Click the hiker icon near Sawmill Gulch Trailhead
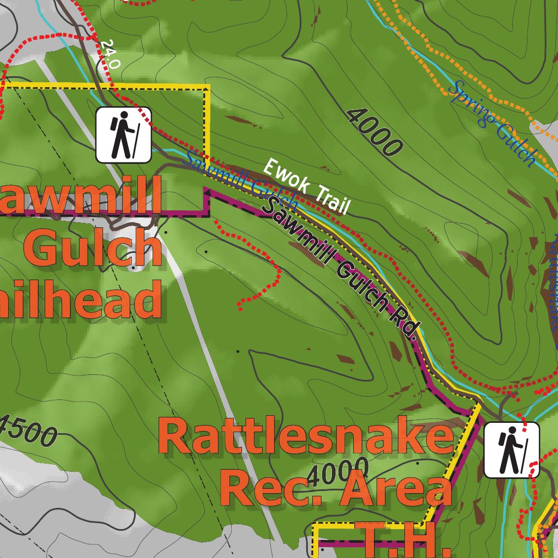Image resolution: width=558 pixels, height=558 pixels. (x=124, y=135)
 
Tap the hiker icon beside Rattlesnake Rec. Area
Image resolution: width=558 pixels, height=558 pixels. (x=511, y=450)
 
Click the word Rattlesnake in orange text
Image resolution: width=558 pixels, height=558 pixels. (x=305, y=438)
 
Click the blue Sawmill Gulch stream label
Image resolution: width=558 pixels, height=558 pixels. (x=240, y=183)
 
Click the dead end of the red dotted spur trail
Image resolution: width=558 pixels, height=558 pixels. (x=240, y=308)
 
